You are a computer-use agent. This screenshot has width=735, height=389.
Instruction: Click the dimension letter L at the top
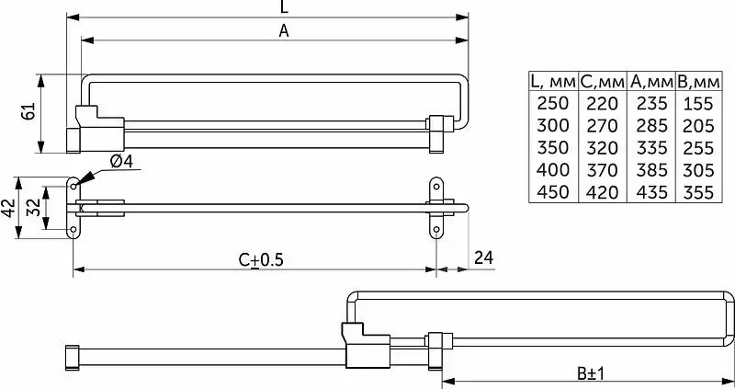click(x=284, y=6)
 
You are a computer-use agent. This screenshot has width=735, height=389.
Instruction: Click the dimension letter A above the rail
click(x=284, y=31)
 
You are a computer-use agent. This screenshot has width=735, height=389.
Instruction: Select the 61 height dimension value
click(x=28, y=111)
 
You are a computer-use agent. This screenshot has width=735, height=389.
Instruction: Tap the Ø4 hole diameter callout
click(x=121, y=161)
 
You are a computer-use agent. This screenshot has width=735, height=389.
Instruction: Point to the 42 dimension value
click(x=8, y=208)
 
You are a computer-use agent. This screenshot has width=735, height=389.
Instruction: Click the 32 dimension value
click(x=33, y=208)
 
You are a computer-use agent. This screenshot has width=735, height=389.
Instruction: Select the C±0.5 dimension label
click(x=261, y=259)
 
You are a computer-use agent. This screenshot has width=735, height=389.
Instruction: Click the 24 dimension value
click(x=483, y=257)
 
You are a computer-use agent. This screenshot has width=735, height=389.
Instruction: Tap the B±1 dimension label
click(x=591, y=374)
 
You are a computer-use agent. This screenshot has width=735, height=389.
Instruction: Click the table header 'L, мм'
click(x=553, y=82)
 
